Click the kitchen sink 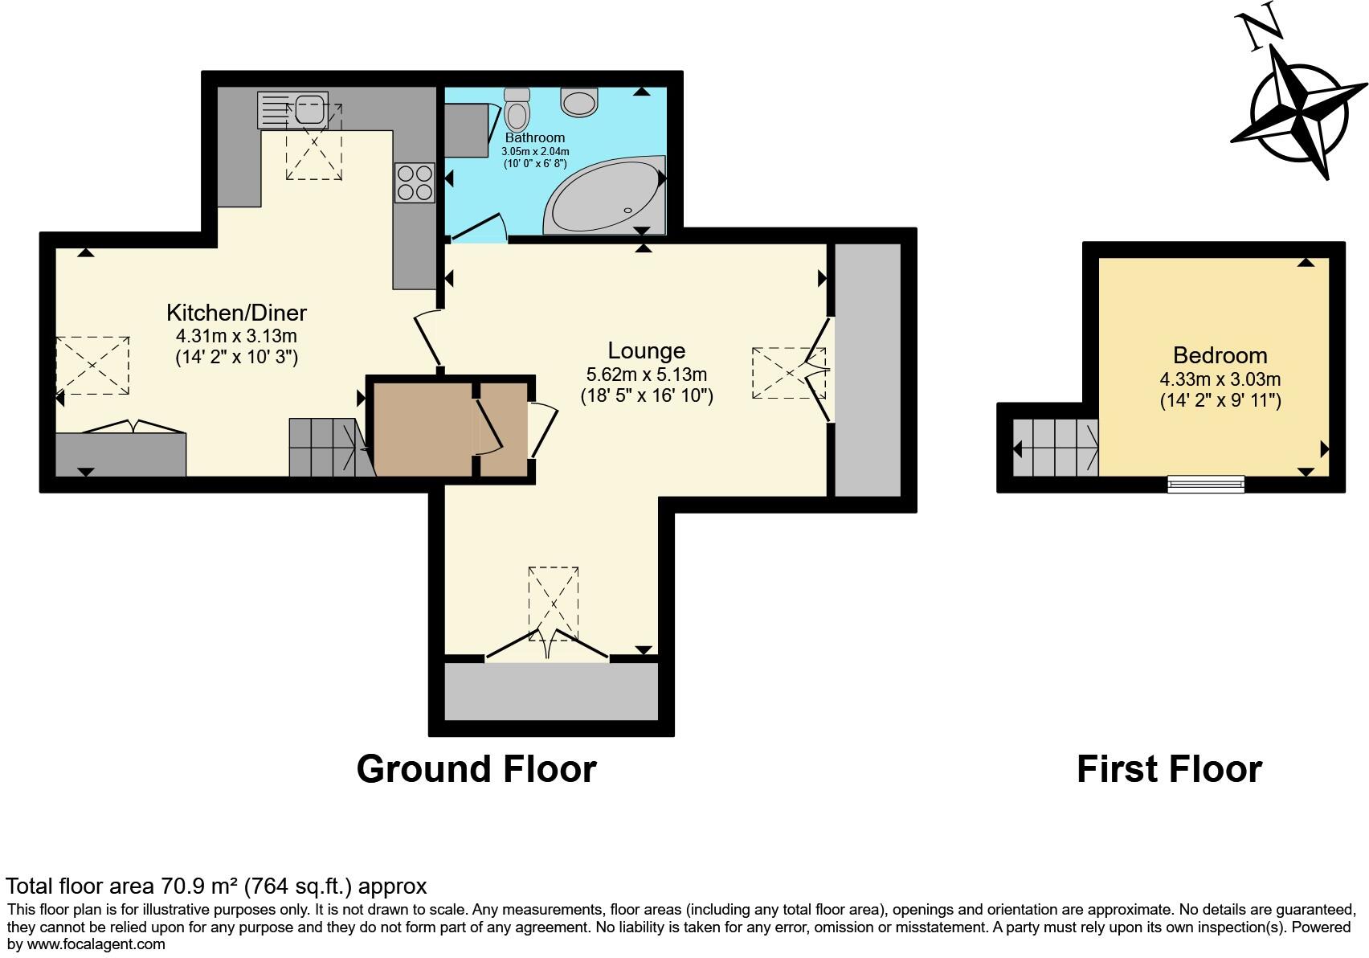pos(309,109)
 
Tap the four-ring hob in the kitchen pos(415,182)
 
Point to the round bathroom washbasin pos(579,101)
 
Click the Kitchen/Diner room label pos(236,313)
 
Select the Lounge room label pos(646,350)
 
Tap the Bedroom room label pos(1220,355)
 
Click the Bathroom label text pos(535,137)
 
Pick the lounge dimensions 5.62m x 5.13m pos(646,375)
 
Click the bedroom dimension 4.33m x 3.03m pos(1220,379)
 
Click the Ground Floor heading pos(476,769)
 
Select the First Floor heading pos(1169,769)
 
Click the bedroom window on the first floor pos(1205,484)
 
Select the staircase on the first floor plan pos(1056,448)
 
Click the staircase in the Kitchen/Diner pos(328,447)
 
